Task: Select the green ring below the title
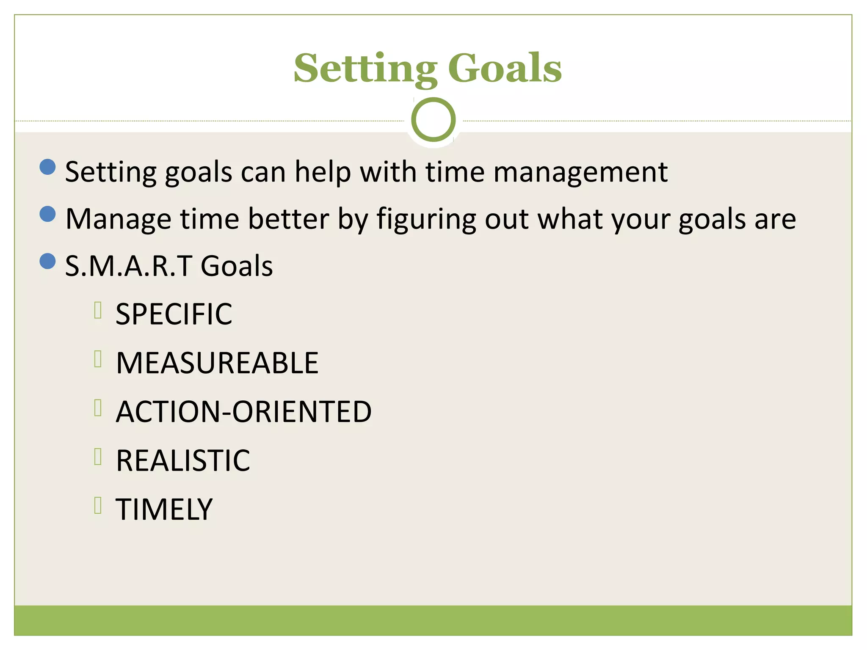433,119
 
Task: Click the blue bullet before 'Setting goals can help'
47,167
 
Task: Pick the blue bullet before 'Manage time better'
47,214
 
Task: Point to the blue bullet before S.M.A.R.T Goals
47,261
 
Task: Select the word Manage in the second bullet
118,219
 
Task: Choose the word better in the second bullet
288,219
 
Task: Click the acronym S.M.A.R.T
129,267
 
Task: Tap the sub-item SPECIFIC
174,314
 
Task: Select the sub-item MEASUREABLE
217,363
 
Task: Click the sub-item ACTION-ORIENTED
243,412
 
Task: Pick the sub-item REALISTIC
183,460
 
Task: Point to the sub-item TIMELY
164,509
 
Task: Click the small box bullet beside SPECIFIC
98,310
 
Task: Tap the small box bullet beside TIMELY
98,505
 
